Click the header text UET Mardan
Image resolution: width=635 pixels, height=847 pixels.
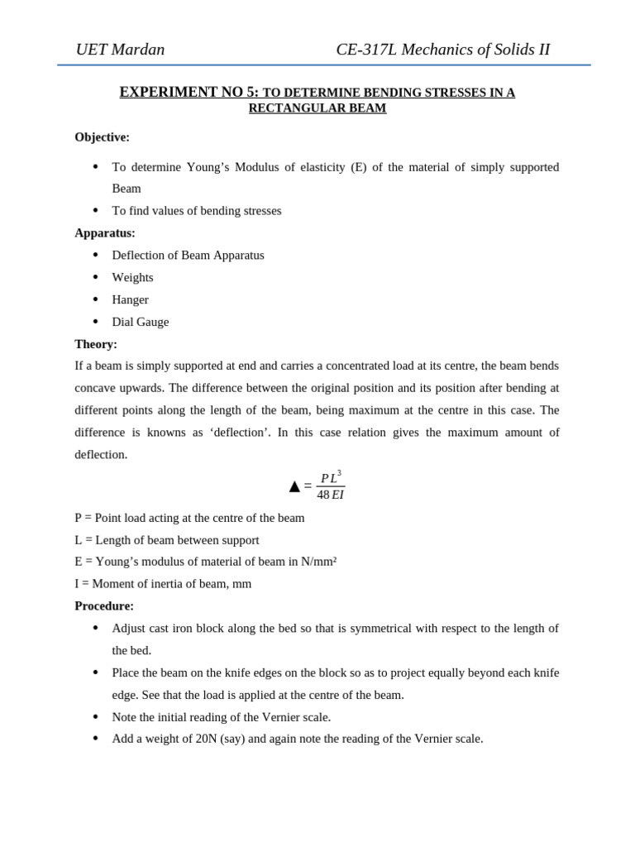coord(120,50)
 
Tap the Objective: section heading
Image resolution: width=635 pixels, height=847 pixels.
coord(102,137)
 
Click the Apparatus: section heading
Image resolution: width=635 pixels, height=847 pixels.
coord(105,233)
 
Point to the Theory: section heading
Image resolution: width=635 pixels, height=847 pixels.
coord(96,344)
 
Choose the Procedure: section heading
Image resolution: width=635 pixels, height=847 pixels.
coord(104,605)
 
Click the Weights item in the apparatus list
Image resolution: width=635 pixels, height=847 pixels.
coord(132,277)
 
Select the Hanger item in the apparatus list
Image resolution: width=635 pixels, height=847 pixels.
coord(130,299)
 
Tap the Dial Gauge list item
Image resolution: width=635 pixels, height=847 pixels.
coord(140,322)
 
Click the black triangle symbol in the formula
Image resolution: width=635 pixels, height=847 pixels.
coord(294,486)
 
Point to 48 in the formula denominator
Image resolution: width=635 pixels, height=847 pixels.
coord(322,495)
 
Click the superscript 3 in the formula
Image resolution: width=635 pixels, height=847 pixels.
coord(339,473)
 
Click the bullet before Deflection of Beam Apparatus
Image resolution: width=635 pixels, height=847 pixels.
coord(96,255)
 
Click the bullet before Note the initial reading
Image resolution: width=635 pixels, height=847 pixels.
coord(96,716)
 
